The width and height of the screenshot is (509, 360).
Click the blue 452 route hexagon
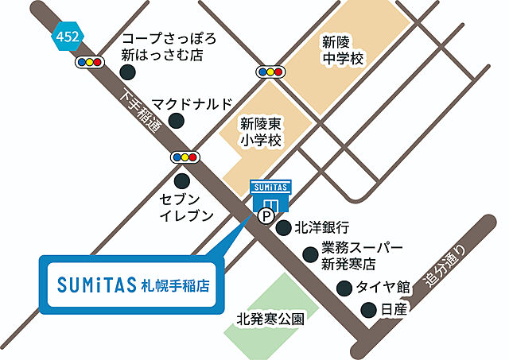click(x=65, y=35)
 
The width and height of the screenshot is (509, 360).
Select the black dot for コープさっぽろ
click(x=128, y=72)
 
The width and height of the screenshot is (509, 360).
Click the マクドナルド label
click(x=192, y=104)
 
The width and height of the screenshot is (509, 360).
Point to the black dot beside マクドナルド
click(x=178, y=121)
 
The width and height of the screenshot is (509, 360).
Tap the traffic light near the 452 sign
click(x=88, y=61)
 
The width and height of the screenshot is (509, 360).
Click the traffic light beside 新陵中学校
click(x=270, y=72)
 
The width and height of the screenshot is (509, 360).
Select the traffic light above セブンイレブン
click(x=185, y=157)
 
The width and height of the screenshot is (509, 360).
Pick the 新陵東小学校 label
click(x=262, y=132)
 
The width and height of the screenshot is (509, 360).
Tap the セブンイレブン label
click(x=186, y=206)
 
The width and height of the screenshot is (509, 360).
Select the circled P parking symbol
click(x=262, y=215)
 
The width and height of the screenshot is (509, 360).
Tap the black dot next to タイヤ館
click(x=344, y=288)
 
